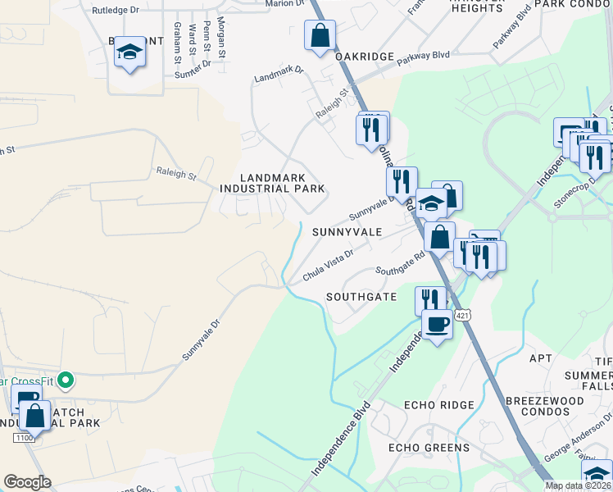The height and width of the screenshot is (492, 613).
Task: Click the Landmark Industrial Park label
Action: pyautogui.click(x=272, y=183)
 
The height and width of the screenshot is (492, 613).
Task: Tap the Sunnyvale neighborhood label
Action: pyautogui.click(x=347, y=232)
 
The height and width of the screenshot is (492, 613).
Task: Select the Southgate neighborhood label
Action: pyautogui.click(x=361, y=296)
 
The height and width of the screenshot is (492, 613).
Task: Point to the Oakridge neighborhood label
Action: pyautogui.click(x=364, y=56)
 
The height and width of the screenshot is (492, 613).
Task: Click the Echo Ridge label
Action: pyautogui.click(x=439, y=405)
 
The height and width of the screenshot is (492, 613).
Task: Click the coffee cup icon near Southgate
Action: pyautogui.click(x=437, y=324)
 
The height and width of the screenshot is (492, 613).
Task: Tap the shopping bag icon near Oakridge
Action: pyautogui.click(x=319, y=36)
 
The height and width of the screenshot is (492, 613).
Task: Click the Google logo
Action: pyautogui.click(x=27, y=482)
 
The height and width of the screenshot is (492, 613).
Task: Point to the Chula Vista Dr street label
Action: pyautogui.click(x=328, y=266)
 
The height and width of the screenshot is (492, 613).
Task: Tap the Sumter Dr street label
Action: pyautogui.click(x=193, y=73)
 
